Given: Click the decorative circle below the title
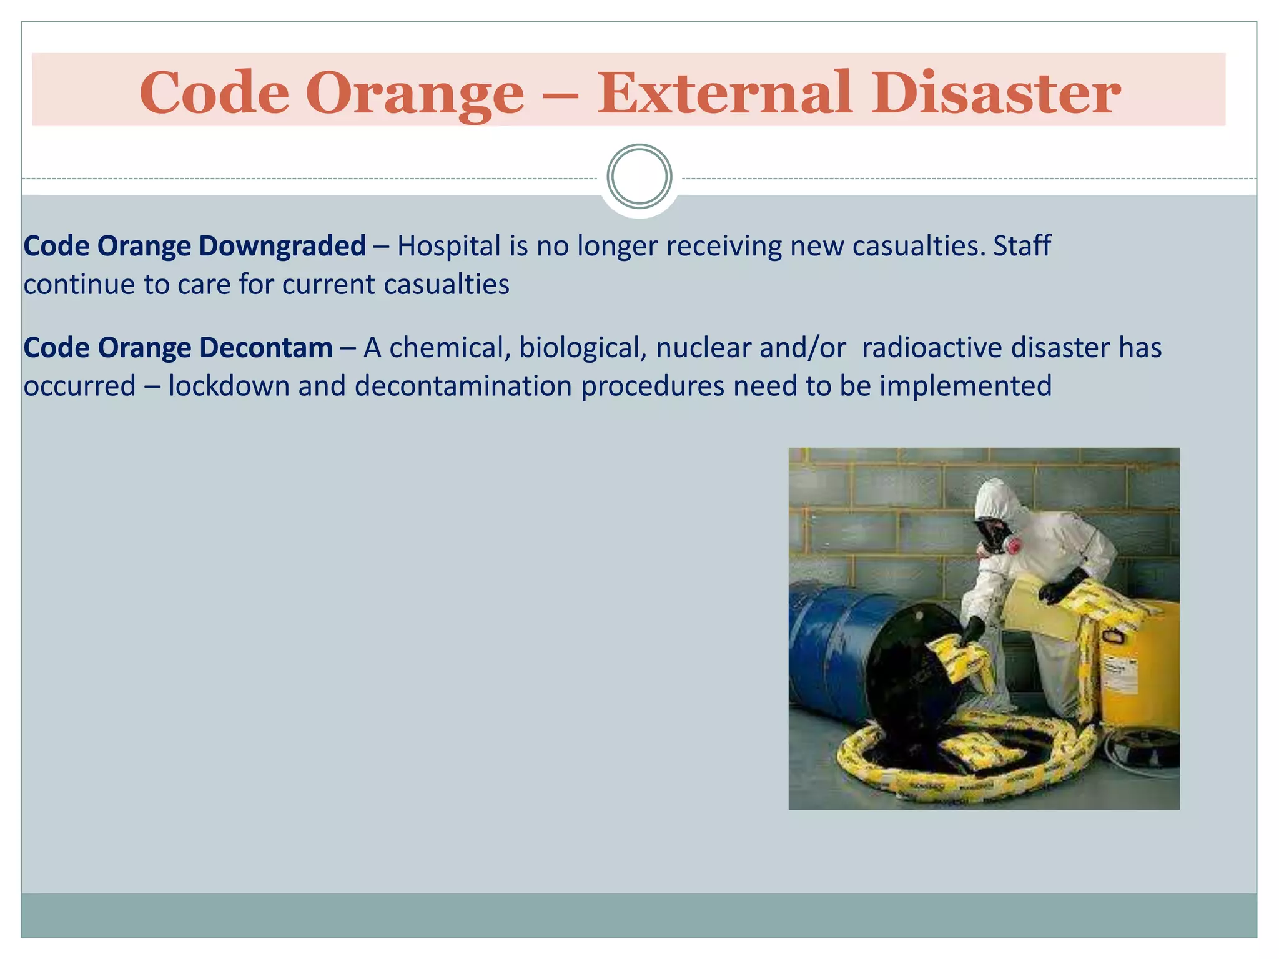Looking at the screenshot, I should [x=639, y=177].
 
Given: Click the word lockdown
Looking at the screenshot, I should [x=229, y=386].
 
